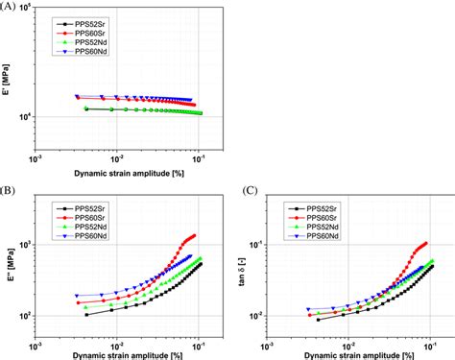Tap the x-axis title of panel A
123,175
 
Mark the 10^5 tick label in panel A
22,8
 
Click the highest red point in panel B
195,234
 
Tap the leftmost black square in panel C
318,319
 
